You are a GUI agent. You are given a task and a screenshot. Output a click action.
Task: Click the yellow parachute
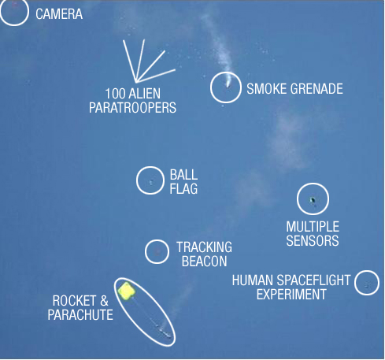(127, 291)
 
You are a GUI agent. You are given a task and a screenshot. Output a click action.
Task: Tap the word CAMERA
(59, 14)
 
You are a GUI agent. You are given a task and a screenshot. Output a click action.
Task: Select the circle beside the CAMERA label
(13, 25)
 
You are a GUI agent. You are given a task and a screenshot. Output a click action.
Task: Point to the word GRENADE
(317, 89)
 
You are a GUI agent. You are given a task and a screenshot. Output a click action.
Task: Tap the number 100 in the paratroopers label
(115, 94)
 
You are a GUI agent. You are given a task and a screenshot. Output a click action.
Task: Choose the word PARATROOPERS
(132, 108)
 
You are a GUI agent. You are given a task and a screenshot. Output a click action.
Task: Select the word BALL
(183, 175)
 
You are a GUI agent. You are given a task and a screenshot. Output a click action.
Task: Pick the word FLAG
(183, 189)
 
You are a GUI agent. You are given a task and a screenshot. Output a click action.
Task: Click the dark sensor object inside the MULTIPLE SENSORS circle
(313, 201)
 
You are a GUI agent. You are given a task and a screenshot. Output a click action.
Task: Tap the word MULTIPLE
(313, 227)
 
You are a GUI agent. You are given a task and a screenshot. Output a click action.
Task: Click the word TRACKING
(204, 247)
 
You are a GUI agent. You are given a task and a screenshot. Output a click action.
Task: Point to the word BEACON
(204, 262)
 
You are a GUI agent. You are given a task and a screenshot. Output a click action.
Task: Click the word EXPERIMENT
(291, 295)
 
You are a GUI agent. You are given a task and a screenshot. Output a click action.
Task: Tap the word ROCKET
(74, 301)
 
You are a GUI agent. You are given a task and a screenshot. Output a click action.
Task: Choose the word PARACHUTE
(80, 315)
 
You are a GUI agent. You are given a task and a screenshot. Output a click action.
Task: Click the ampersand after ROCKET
(104, 301)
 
